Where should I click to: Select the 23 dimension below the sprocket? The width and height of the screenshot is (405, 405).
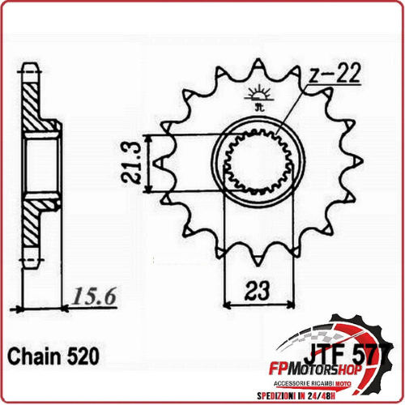coord(258,289)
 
